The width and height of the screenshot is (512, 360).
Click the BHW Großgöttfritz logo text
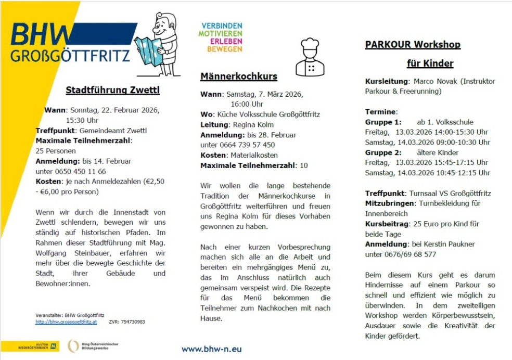(x=71, y=44)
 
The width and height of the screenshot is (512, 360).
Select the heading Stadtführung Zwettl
(x=112, y=91)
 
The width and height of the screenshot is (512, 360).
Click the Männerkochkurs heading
(x=239, y=76)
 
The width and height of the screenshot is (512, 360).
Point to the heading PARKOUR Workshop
(x=413, y=44)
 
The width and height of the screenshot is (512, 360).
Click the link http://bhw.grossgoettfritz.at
(x=66, y=322)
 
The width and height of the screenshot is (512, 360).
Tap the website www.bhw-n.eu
(x=212, y=349)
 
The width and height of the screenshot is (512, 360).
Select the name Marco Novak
(x=431, y=81)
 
